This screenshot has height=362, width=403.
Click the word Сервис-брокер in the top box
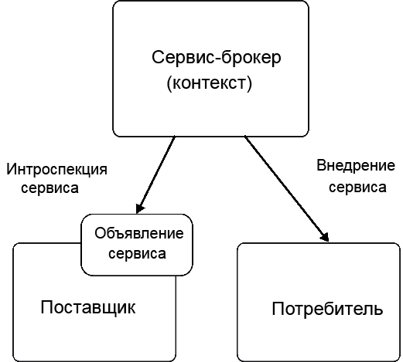click(x=217, y=58)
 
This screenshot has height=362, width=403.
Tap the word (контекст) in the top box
click(x=209, y=83)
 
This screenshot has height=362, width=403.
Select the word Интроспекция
click(x=56, y=170)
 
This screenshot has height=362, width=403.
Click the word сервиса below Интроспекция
click(x=50, y=188)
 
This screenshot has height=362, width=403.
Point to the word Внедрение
click(x=356, y=166)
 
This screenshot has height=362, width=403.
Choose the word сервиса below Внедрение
click(x=357, y=187)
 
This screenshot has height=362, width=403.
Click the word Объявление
click(x=139, y=233)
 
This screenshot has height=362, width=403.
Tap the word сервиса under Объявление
click(x=137, y=253)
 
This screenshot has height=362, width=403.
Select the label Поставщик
click(x=88, y=307)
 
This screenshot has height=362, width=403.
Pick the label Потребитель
click(x=327, y=309)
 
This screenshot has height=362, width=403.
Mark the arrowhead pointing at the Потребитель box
click(x=326, y=237)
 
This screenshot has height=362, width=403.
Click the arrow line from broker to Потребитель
click(x=287, y=189)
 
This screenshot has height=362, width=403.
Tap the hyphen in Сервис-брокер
click(x=217, y=59)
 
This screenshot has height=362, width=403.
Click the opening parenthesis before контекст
click(x=169, y=84)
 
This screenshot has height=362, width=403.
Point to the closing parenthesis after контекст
click(x=249, y=84)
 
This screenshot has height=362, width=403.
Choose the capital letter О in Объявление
click(x=100, y=233)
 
